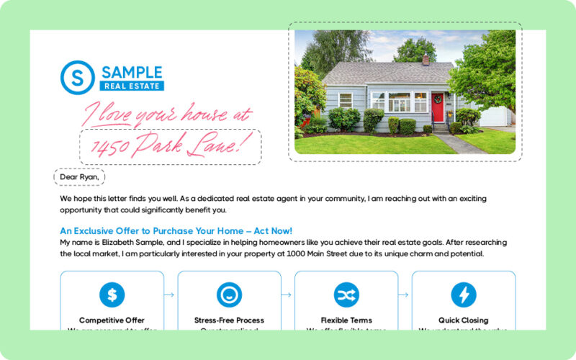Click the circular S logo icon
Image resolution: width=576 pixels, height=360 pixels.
click(x=78, y=78)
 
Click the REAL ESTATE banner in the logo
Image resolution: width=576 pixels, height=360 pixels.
click(x=132, y=86)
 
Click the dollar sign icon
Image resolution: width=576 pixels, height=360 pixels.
click(x=112, y=294)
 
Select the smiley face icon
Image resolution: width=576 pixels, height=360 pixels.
click(x=229, y=294)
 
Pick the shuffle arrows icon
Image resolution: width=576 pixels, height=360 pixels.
click(x=346, y=294)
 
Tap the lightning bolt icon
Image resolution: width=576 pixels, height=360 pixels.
click(x=464, y=294)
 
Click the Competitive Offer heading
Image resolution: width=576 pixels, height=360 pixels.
click(x=112, y=320)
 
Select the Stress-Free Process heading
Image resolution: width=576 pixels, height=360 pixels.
click(x=229, y=320)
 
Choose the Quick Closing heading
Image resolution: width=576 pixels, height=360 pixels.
click(x=464, y=320)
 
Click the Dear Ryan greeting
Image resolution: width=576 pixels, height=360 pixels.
click(x=80, y=176)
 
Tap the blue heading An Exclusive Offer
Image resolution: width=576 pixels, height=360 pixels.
click(x=176, y=231)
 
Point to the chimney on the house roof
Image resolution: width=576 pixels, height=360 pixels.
click(x=426, y=59)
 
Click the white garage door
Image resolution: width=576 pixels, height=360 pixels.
click(x=495, y=117)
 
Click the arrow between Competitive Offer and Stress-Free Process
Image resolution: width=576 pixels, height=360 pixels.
click(x=171, y=294)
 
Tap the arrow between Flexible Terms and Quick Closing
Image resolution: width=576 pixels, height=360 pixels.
click(x=405, y=294)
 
